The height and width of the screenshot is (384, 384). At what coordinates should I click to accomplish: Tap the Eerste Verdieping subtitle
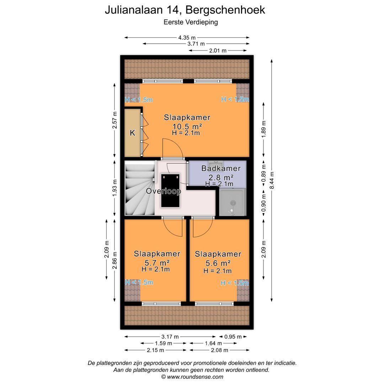[x=191, y=22]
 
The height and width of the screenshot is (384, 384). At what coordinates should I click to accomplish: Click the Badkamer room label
[x=221, y=169]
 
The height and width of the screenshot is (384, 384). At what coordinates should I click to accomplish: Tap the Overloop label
[x=164, y=191]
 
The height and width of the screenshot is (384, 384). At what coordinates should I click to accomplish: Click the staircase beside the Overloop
[x=139, y=188]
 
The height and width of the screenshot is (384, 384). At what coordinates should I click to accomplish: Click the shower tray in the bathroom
[x=232, y=203]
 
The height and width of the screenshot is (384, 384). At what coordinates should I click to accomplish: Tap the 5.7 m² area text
[x=156, y=263]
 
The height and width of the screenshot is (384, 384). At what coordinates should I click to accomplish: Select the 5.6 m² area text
[x=218, y=263]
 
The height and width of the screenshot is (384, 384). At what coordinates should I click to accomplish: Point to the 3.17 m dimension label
[x=170, y=337]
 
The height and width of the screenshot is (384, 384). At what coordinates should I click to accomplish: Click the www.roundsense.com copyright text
[x=192, y=377]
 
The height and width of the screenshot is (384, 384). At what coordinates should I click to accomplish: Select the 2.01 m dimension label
[x=218, y=50]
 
